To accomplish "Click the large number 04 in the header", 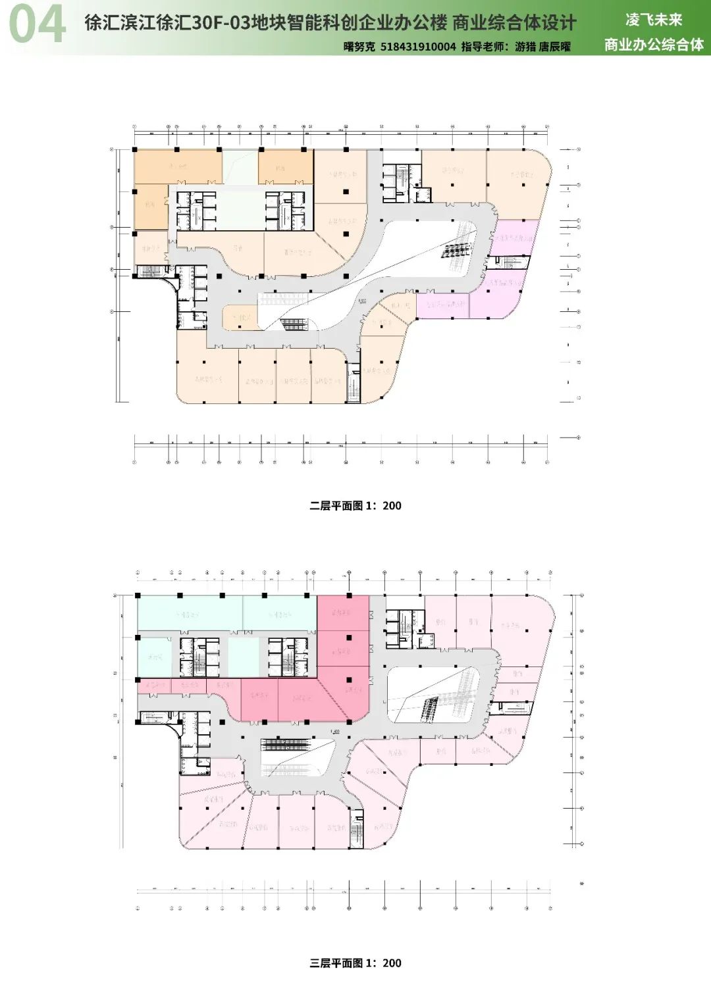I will click(38, 25).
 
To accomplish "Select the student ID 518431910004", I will click(418, 47).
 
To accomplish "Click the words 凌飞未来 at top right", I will click(654, 20).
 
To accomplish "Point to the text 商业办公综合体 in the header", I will click(654, 45).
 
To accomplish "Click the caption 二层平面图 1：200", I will click(355, 506).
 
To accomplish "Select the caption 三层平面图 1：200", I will click(355, 963).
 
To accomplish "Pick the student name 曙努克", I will click(359, 47).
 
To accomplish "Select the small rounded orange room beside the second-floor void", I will click(240, 317).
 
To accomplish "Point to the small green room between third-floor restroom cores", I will click(244, 657).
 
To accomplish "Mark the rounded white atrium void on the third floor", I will click(434, 694).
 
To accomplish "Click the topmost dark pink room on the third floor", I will click(343, 613).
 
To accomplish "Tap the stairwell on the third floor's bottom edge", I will click(356, 832).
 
